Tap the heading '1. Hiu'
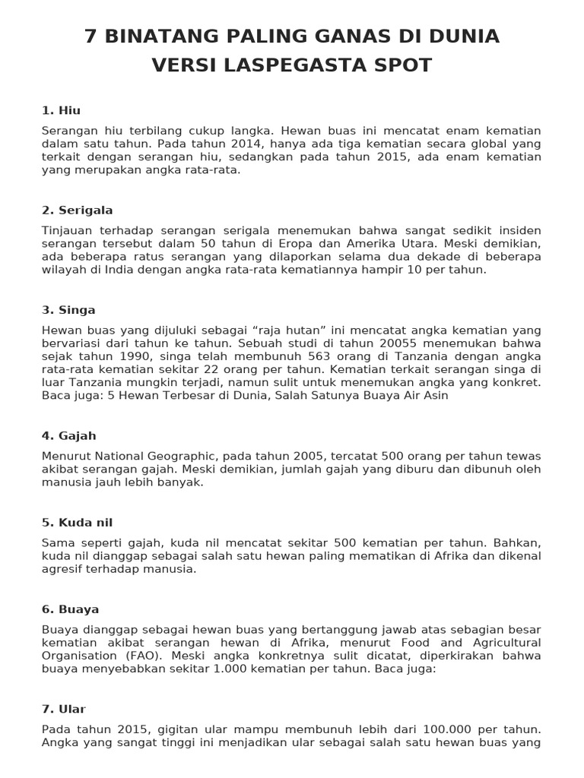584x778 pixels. click(61, 110)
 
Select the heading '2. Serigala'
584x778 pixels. click(77, 210)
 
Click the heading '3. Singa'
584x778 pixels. click(68, 310)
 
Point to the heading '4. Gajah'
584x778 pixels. click(68, 435)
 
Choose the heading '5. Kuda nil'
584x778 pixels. click(77, 523)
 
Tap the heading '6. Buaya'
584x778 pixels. click(70, 609)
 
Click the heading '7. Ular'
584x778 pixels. click(64, 709)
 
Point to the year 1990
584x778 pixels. click(128, 356)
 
